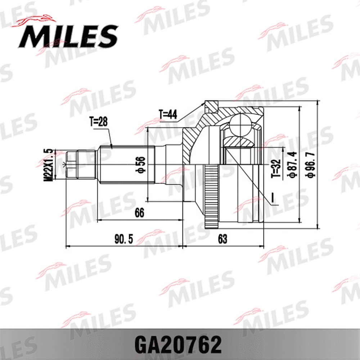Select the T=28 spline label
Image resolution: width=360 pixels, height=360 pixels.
[98, 122]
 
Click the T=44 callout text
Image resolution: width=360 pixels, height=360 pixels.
[168, 115]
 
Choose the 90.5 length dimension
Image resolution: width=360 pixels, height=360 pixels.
[124, 239]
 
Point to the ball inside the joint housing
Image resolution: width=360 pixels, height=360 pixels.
[240, 124]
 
